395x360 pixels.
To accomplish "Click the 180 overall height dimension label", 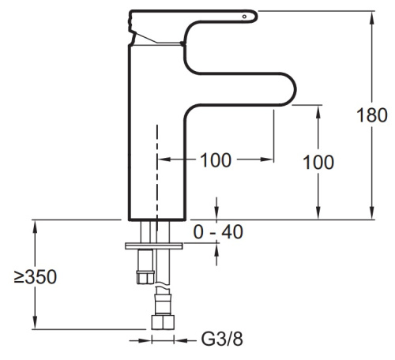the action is coord(372,115).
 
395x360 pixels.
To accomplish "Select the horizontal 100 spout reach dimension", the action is coord(216,160).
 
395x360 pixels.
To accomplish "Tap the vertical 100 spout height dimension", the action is coord(318,162).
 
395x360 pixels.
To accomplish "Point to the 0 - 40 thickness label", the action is coord(218,232).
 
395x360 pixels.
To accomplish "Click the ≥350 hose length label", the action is coord(36,277).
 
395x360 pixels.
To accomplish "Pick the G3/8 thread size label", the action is coord(222,339).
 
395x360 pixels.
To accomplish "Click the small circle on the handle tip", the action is coord(244,17).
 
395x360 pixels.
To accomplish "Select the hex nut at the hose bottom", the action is coord(163,322).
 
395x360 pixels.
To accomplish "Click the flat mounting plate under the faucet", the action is coord(154,246).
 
